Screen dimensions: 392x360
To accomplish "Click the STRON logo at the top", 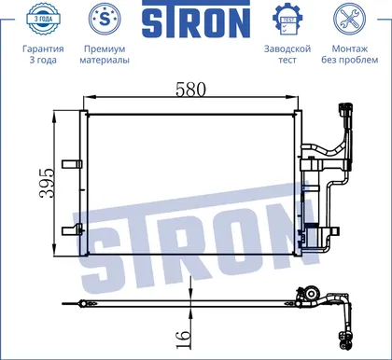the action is point(196,20).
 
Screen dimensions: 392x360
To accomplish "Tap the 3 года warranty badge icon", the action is point(43,19).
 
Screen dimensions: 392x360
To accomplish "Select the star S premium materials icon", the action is point(105,19).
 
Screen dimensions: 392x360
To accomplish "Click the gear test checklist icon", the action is point(287,20).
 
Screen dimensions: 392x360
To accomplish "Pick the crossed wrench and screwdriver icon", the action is point(349,19).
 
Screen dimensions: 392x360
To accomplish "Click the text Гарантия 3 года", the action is point(43,54).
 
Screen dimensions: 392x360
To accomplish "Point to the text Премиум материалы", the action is point(105,54).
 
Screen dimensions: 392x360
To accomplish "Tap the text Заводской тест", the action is point(287,54).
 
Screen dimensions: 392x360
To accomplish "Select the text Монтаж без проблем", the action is point(350,54).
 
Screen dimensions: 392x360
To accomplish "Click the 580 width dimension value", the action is point(190,90).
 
